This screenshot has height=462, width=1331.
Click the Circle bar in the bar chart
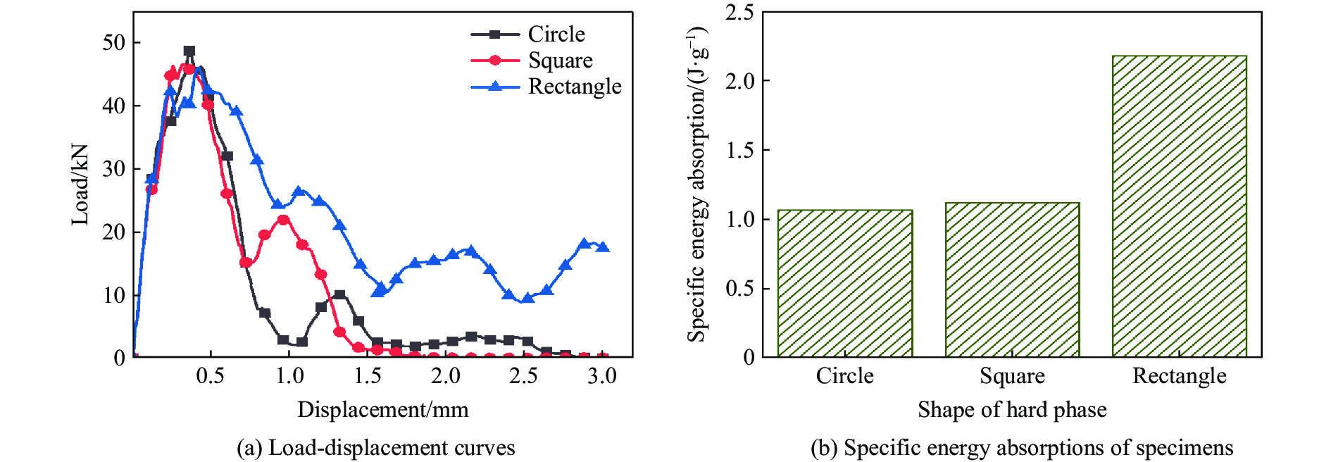844,283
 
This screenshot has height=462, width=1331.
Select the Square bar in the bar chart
1012,280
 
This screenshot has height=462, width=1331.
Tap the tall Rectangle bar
1179,206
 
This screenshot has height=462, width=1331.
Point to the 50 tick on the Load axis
114,42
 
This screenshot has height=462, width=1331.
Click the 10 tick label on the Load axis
114,295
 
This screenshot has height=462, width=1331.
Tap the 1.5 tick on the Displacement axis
367,376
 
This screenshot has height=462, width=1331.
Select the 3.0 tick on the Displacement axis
602,376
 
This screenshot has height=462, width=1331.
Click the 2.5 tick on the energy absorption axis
739,12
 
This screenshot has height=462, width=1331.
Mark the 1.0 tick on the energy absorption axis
739,219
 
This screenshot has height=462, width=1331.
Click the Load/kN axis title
80,185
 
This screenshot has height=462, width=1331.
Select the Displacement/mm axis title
382,410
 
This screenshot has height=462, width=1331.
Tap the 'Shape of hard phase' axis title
1012,410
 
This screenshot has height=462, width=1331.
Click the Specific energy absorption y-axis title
696,185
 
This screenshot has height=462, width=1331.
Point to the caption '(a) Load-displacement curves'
375,448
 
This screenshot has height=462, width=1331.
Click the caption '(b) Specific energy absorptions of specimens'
1021,448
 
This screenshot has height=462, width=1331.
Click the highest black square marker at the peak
189,51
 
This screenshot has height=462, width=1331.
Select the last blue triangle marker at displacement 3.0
603,246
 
